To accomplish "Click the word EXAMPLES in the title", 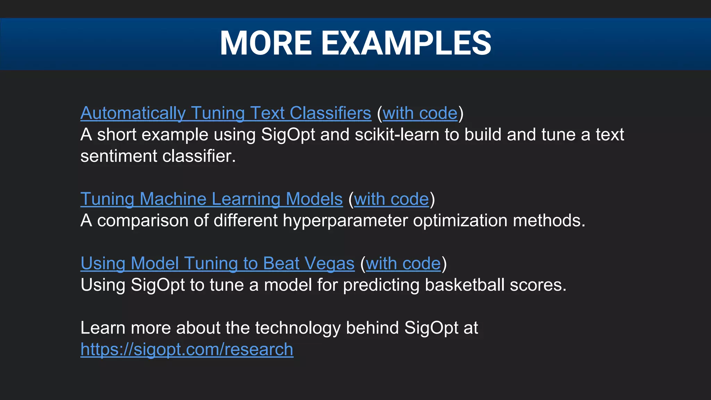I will pyautogui.click(x=406, y=43).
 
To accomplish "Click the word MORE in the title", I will pyautogui.click(x=266, y=43).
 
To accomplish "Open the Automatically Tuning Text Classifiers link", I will pyautogui.click(x=226, y=113).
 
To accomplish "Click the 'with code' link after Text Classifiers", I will pyautogui.click(x=420, y=113).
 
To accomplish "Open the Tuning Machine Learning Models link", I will pyautogui.click(x=211, y=199).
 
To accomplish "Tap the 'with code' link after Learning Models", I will pyautogui.click(x=391, y=199).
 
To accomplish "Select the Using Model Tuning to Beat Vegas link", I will pyautogui.click(x=217, y=263).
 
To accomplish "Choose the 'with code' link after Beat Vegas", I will pyautogui.click(x=403, y=263).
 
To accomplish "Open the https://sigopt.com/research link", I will pyautogui.click(x=187, y=349).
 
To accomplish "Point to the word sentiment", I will pyautogui.click(x=119, y=156).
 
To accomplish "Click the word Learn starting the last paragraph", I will pyautogui.click(x=102, y=328).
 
